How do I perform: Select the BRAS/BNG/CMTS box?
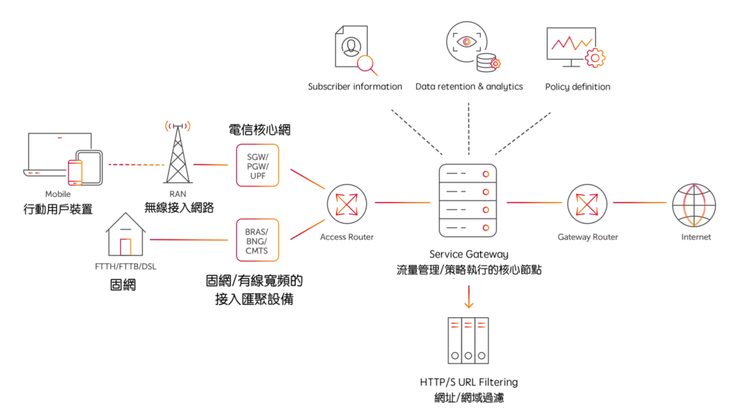coord(257,240)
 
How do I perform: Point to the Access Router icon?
coord(347,203)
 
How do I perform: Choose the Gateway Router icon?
coord(587,203)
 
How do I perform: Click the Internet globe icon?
coord(694,203)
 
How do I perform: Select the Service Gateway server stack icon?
coord(468,202)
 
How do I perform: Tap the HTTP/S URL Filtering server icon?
coord(468,340)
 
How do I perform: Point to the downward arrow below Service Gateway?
coord(469,296)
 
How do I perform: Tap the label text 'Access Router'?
coord(347,237)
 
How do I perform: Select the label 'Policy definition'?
coord(577,87)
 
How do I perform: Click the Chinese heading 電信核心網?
coord(260,130)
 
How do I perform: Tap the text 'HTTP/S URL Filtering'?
coord(469,382)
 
